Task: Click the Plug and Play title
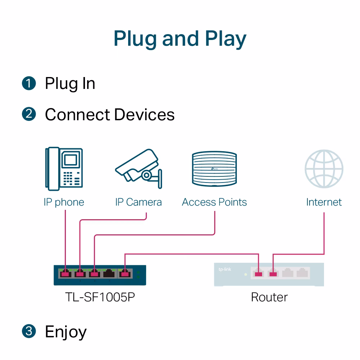point(180,39)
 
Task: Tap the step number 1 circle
point(29,83)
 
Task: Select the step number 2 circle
point(29,114)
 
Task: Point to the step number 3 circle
point(29,331)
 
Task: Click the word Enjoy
point(66,332)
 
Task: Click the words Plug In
point(70,84)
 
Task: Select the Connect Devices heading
point(109,115)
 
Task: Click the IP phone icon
point(64,168)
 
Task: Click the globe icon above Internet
point(324,169)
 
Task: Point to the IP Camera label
point(138,202)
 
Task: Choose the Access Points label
point(214,202)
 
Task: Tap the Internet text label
point(324,202)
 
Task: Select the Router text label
point(269,297)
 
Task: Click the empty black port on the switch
point(109,274)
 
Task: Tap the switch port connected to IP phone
point(65,274)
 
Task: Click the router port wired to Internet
point(273,274)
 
